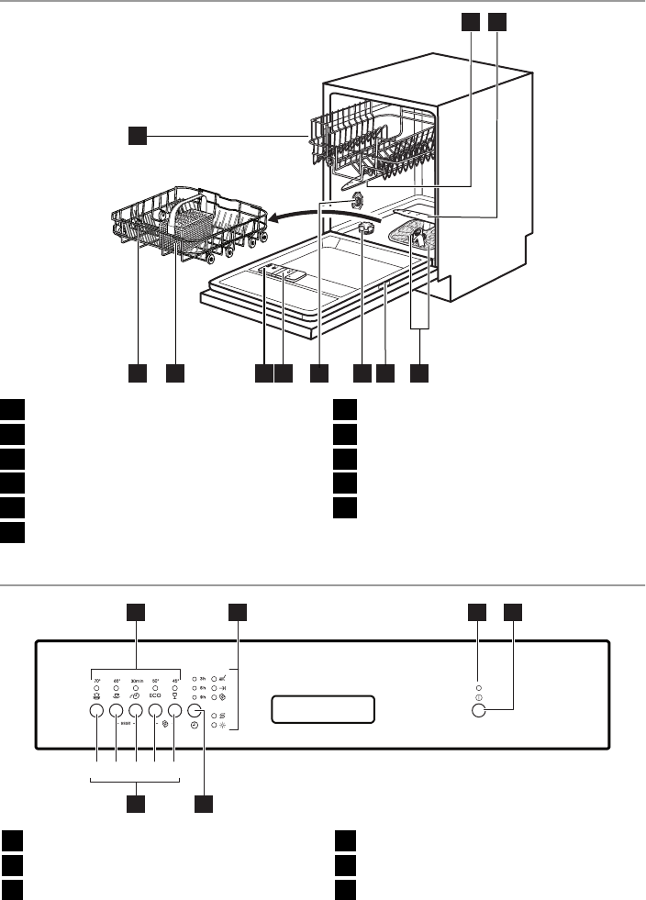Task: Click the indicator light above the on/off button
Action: click(x=478, y=686)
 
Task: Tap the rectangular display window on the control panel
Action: click(x=323, y=709)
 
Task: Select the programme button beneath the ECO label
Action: click(x=155, y=711)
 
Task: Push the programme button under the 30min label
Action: click(x=136, y=711)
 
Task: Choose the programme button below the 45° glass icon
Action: click(x=174, y=711)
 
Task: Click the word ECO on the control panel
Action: click(x=155, y=695)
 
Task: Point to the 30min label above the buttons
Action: click(x=136, y=681)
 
